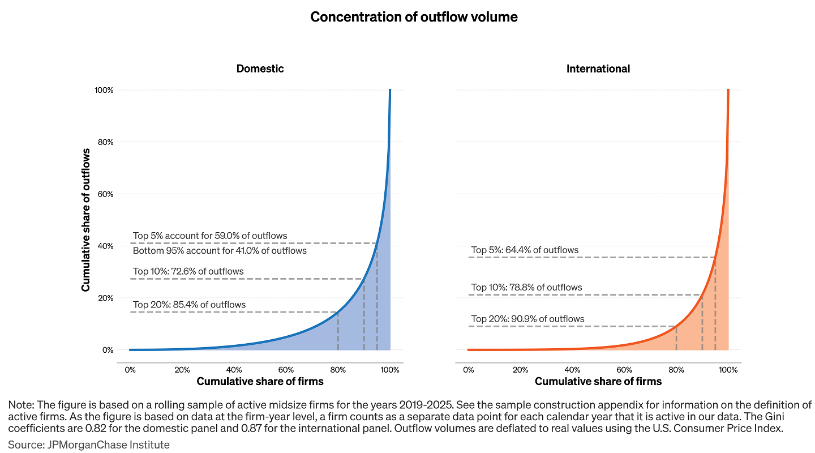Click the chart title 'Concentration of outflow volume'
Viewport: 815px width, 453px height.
(x=414, y=17)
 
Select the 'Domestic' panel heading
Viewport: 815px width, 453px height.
(x=260, y=69)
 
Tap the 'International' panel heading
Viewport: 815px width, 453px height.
(x=598, y=69)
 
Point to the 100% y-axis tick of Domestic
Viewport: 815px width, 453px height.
(x=104, y=90)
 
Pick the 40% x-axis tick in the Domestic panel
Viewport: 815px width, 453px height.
(x=234, y=370)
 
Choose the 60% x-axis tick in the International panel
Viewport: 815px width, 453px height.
(x=624, y=370)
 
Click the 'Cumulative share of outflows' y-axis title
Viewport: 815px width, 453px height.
(x=86, y=220)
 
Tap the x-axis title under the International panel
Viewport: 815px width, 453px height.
(x=598, y=382)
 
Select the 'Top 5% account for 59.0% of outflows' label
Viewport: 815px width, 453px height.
(x=210, y=236)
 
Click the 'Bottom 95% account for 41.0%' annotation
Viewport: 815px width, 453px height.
(x=220, y=250)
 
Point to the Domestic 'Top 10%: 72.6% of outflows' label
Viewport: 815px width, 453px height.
(x=188, y=271)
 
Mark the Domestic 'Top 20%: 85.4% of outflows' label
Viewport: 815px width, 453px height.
(x=190, y=305)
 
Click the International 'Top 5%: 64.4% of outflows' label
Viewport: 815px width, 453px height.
(x=525, y=250)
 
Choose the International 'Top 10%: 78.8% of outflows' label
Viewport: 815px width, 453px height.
(x=527, y=287)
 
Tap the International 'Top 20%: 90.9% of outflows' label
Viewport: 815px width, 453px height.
(x=528, y=319)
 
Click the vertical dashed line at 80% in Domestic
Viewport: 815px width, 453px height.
(x=338, y=331)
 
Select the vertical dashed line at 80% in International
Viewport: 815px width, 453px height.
(x=676, y=339)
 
